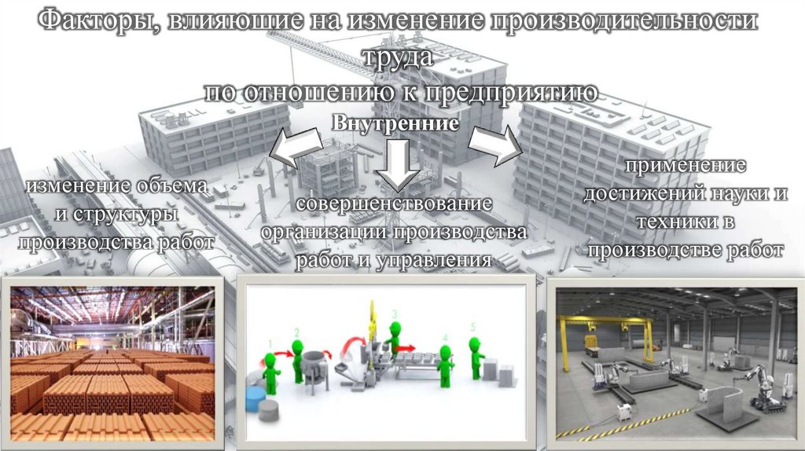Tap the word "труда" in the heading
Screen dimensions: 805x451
pyautogui.click(x=398, y=57)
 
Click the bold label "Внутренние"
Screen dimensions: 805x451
pyautogui.click(x=395, y=123)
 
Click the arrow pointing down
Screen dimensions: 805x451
pyautogui.click(x=398, y=165)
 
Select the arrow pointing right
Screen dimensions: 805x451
pyautogui.click(x=495, y=145)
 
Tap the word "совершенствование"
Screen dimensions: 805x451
pyautogui.click(x=395, y=203)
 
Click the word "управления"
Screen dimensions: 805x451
pyautogui.click(x=434, y=261)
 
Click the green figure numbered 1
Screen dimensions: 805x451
pyautogui.click(x=270, y=372)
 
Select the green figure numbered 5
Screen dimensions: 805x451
pyautogui.click(x=476, y=357)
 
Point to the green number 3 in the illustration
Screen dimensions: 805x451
pyautogui.click(x=395, y=313)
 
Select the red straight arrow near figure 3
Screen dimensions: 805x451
pyautogui.click(x=406, y=348)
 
